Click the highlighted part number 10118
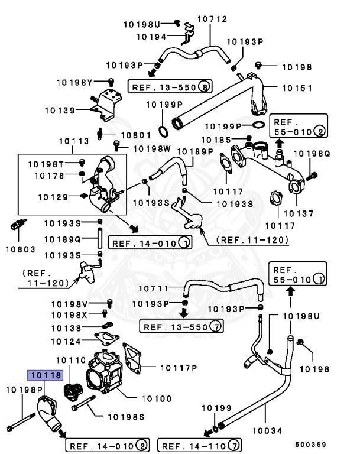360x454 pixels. tap(44, 375)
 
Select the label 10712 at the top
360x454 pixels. tap(212, 19)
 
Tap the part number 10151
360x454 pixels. tap(296, 88)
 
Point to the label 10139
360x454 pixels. tap(60, 110)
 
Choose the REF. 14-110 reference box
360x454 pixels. tap(201, 445)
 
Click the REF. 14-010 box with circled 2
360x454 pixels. tap(107, 445)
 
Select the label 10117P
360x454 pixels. tap(177, 368)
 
